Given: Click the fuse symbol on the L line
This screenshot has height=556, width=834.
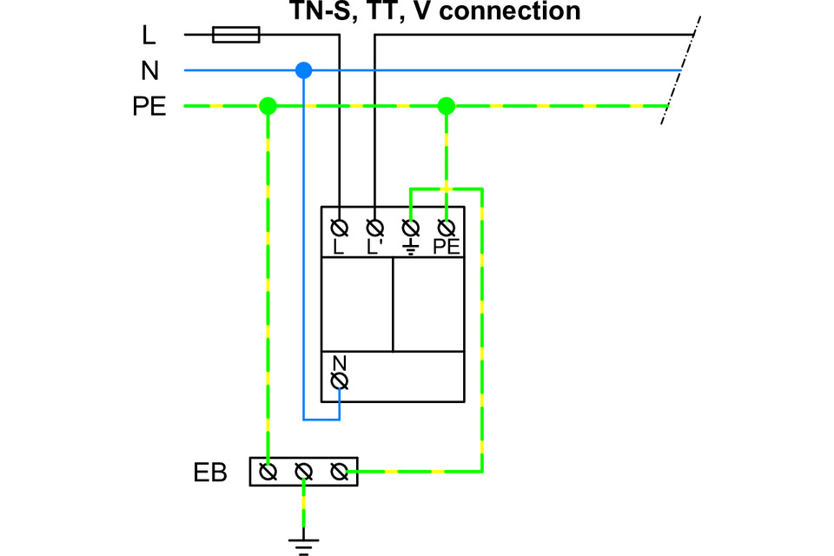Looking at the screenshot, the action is [236, 35].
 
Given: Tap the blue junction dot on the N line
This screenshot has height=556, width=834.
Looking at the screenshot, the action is [304, 70].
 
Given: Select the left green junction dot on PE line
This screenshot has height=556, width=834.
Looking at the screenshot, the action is [268, 106].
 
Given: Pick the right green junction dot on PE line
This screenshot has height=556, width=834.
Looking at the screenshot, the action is [447, 106].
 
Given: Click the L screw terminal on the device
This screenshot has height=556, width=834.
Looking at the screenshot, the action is [339, 228].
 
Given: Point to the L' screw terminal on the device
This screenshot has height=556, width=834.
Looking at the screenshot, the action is [375, 228].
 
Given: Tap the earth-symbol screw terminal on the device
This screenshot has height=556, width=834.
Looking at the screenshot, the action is [410, 228].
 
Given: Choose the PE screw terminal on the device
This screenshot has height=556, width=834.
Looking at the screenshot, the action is [447, 228].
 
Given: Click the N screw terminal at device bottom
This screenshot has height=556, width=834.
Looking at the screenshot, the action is [340, 381].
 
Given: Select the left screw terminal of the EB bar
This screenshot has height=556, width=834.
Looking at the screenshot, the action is [268, 472].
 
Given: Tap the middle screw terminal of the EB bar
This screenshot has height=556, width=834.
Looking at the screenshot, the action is [304, 472].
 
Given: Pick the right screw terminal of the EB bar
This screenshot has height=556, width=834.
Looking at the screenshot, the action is [340, 472].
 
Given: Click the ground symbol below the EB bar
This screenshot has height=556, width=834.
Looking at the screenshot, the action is [304, 545].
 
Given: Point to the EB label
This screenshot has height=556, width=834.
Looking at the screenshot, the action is [210, 473].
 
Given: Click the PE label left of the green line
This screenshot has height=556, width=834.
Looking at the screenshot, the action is [149, 106].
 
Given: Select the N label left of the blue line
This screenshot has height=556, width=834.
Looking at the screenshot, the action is [150, 70].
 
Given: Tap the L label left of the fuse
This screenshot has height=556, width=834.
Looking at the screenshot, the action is [149, 35].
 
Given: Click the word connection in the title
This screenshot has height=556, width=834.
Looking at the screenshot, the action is [510, 10].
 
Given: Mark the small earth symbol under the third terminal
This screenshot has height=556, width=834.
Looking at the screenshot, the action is [411, 248].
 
